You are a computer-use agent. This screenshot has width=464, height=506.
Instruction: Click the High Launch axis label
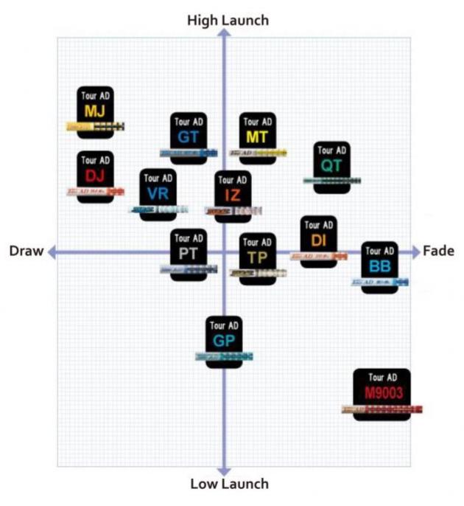228,21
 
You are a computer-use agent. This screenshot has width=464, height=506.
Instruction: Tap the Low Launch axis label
229,485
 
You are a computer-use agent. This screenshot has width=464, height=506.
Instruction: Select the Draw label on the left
27,252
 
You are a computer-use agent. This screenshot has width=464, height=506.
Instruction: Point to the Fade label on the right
438,252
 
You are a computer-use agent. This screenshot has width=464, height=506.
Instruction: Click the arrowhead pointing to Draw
52,252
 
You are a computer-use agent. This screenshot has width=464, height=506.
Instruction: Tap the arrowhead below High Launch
225,35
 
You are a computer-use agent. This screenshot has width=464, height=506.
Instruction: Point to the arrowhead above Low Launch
225,470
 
